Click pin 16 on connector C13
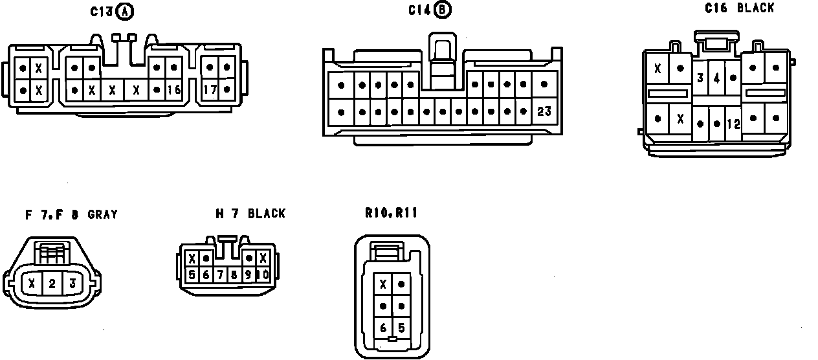[x=173, y=90]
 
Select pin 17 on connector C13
[x=210, y=90]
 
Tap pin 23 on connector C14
[x=544, y=111]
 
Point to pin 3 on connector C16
[x=700, y=78]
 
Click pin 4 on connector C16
[x=716, y=78]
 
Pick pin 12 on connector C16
[x=733, y=124]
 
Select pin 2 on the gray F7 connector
[x=52, y=283]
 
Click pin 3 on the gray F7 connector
[x=72, y=283]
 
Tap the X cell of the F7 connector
[x=32, y=283]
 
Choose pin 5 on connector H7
[x=192, y=275]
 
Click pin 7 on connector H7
[x=220, y=275]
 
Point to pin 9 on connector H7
[x=249, y=275]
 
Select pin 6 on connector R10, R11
[x=383, y=328]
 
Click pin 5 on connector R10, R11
[x=401, y=328]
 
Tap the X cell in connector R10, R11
[x=383, y=284]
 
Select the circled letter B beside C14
[x=443, y=10]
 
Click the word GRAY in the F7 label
[x=102, y=214]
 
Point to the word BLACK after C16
[x=755, y=8]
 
